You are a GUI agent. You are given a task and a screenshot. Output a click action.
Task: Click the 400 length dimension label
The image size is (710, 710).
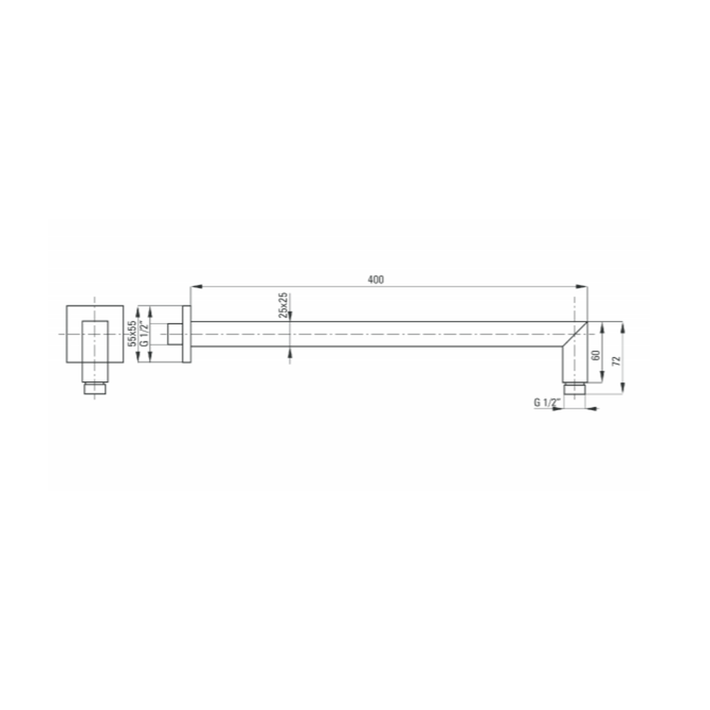tap(376, 279)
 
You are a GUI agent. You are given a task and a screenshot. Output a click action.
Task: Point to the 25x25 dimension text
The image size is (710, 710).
tap(283, 305)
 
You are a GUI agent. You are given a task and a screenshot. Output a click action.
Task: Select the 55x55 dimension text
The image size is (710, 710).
tap(132, 333)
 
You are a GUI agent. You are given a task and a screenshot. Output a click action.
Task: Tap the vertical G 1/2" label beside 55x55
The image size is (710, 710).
tap(144, 334)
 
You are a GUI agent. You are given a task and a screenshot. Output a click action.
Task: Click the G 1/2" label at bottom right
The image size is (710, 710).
tap(547, 402)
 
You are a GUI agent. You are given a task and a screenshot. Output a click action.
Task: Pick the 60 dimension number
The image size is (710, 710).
tap(596, 355)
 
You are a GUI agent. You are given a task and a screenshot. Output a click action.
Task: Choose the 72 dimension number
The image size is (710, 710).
tap(616, 361)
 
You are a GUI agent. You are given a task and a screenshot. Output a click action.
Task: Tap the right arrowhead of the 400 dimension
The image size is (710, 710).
tap(582, 287)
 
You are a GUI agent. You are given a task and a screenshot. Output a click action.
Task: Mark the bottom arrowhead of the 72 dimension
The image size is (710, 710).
tap(623, 388)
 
